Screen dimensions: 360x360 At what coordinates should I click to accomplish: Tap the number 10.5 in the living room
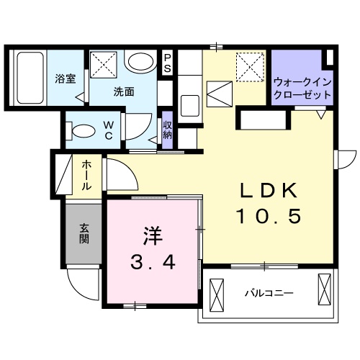point(268,215)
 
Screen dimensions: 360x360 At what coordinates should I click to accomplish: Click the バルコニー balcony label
point(268,294)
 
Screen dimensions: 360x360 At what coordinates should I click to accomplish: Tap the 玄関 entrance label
point(84,233)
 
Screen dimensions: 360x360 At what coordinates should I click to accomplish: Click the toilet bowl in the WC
point(81,131)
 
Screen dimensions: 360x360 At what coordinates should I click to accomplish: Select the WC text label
point(107,130)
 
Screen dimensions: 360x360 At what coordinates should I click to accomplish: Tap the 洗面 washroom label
point(123,91)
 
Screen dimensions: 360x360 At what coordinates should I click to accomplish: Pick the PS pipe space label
point(168,63)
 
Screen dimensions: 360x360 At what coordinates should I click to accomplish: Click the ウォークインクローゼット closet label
point(302,89)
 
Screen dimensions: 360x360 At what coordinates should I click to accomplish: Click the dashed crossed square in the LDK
point(249,68)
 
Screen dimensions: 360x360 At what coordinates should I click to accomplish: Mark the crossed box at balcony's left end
point(217,294)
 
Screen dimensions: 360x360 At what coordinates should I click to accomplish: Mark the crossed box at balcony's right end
point(324,294)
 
